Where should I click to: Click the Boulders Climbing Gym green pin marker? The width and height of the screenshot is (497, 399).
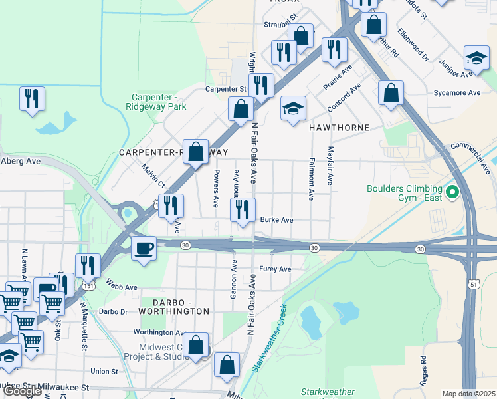453,193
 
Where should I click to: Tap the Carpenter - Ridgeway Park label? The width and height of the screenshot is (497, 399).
156,101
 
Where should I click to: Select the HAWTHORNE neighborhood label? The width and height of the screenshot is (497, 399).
339,126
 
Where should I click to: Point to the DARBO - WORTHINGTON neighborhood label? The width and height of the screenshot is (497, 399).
173,311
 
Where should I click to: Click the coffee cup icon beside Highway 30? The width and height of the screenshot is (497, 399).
144,249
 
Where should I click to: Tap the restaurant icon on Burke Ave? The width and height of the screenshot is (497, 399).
242,210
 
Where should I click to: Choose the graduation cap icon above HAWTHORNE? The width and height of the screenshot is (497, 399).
292,109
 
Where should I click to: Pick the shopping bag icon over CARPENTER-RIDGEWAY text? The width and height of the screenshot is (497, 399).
195,152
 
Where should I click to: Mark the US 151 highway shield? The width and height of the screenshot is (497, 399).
89,285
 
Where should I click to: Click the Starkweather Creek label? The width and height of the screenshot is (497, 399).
267,339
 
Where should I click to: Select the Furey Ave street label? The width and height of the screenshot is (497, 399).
275,269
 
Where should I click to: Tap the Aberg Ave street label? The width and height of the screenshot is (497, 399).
21,160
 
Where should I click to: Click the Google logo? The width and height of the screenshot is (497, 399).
23,390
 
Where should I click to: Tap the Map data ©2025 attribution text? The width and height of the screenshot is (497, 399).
468,394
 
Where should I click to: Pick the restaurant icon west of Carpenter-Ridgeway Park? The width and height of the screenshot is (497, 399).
32,99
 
